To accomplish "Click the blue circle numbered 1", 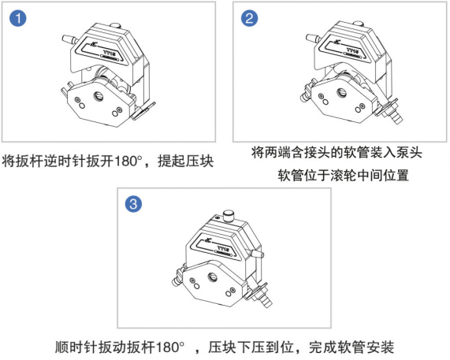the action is [18, 18].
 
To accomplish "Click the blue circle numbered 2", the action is [249, 18].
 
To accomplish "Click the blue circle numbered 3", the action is [133, 204].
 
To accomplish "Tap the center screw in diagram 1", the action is [97, 96].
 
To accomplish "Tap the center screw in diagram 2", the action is [341, 92].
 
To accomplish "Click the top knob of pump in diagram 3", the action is [229, 215].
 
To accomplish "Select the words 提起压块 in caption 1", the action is [186, 161].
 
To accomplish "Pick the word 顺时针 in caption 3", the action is [76, 347].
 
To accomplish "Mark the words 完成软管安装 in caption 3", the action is [351, 347].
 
